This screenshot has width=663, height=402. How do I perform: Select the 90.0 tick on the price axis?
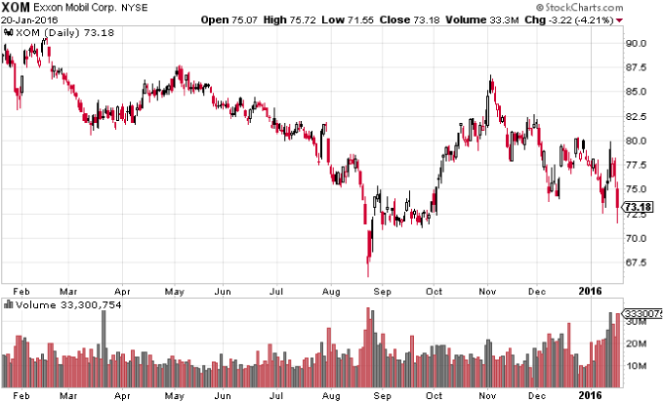[x=638, y=43]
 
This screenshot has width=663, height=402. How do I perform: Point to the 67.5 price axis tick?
[x=638, y=261]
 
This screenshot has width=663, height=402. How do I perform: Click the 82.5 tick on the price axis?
[x=638, y=116]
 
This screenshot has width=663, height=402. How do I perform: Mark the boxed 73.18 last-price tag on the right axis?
[x=640, y=208]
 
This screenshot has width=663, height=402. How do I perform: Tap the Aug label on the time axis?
[x=332, y=291]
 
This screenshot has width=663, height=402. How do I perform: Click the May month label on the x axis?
[x=174, y=291]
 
